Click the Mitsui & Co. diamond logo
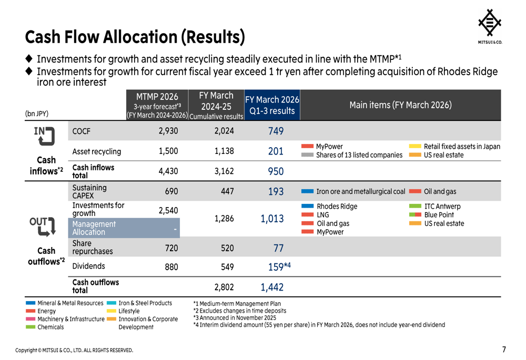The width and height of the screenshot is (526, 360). coord(489,23)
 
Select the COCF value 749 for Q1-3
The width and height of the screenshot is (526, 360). coord(276,131)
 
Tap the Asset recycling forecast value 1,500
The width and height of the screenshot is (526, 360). coord(168,151)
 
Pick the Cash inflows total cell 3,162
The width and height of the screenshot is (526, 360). coord(224,171)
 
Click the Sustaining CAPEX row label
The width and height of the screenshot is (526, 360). coord(89,191)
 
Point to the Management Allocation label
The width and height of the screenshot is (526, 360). coord(94,228)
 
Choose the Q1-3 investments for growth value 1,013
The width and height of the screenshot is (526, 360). coord(272,219)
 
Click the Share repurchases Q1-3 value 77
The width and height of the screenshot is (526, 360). coord(278,248)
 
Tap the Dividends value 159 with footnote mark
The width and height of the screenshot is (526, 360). coord(279,267)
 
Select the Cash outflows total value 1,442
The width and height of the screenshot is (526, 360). coord(272,287)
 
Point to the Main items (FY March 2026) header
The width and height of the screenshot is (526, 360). coord(400,105)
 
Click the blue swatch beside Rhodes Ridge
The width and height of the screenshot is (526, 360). coord(307,206)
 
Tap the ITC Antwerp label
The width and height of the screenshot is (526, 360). coord(442,207)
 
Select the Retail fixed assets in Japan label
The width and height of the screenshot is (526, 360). coord(462,147)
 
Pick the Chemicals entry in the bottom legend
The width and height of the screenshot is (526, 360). coord(50,327)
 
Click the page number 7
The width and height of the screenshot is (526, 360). coord(504,349)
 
